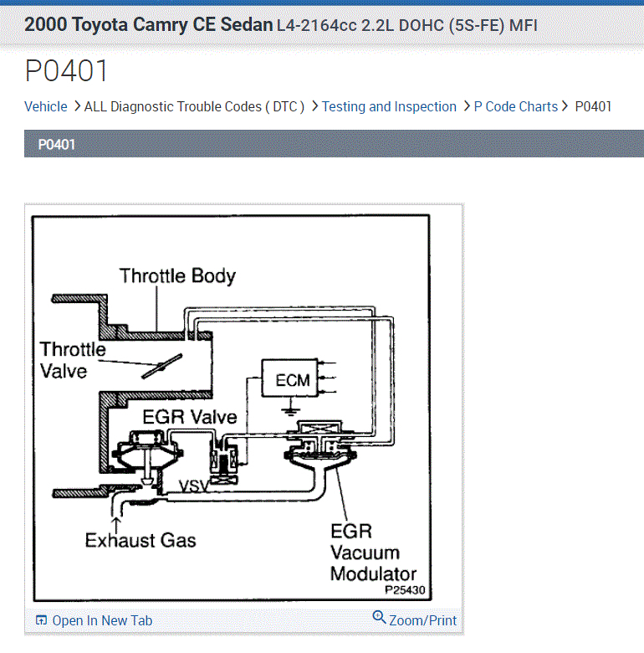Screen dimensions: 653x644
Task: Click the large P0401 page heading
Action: coord(67,71)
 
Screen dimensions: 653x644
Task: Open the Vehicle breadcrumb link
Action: coord(46,106)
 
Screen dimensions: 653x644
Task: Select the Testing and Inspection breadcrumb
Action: coord(389,106)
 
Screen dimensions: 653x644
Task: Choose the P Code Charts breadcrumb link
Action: coord(515,106)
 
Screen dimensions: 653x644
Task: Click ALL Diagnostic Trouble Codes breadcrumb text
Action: coord(194,106)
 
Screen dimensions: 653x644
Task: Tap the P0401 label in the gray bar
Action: coord(57,145)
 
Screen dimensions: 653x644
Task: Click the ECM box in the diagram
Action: coord(292,380)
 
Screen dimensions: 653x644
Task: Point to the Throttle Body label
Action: coord(177,275)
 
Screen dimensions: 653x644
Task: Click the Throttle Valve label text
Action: coord(73,359)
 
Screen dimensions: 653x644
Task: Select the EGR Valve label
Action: coord(190,416)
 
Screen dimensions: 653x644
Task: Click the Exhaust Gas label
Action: coord(141,540)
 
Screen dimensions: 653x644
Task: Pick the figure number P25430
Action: coord(405,589)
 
